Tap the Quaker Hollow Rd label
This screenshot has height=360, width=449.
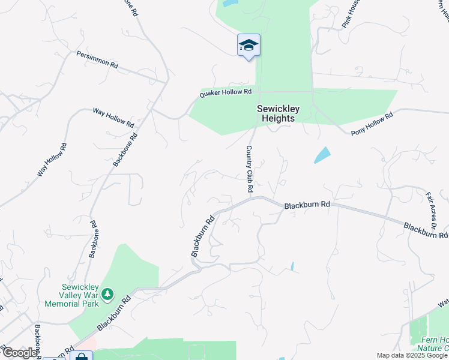click(226, 93)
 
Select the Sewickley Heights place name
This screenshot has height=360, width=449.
click(276, 113)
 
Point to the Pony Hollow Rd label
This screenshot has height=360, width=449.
click(372, 124)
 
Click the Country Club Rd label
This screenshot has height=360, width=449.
click(249, 169)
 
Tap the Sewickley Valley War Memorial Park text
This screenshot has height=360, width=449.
click(76, 295)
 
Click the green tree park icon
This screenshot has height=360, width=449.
click(107, 294)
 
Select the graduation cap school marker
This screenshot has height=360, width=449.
click(249, 46)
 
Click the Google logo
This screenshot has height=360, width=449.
click(19, 353)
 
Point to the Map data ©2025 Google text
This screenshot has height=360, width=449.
click(412, 355)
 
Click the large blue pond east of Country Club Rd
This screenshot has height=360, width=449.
click(322, 155)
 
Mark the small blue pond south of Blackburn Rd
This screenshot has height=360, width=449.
click(292, 266)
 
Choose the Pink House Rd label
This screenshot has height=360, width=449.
click(352, 15)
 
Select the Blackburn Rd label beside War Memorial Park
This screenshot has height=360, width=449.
click(113, 314)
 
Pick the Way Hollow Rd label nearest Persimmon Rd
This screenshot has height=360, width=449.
click(113, 118)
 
